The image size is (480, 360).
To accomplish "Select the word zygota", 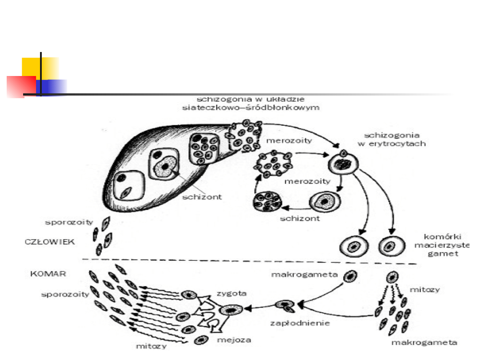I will click(231, 293).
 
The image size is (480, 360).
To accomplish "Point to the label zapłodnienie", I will click(300, 323).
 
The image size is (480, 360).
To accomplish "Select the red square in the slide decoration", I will click(21, 86).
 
